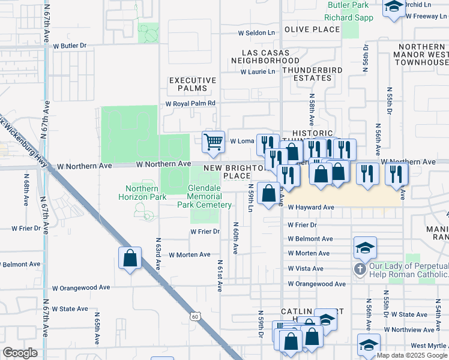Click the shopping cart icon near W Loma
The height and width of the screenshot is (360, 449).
[213, 142]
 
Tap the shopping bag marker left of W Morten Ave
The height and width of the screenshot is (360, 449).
[130, 259]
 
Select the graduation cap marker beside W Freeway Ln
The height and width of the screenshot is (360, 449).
[394, 7]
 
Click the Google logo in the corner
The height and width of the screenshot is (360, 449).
[20, 353]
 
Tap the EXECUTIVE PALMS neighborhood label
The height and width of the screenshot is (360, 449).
[192, 84]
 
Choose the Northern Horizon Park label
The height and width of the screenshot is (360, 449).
[142, 193]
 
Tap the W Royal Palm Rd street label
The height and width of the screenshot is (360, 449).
[190, 103]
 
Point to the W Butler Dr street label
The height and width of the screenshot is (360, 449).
[70, 45]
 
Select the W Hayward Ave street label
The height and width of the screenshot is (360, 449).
[310, 207]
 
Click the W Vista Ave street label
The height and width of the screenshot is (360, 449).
[306, 269]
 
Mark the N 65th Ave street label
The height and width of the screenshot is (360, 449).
[95, 328]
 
